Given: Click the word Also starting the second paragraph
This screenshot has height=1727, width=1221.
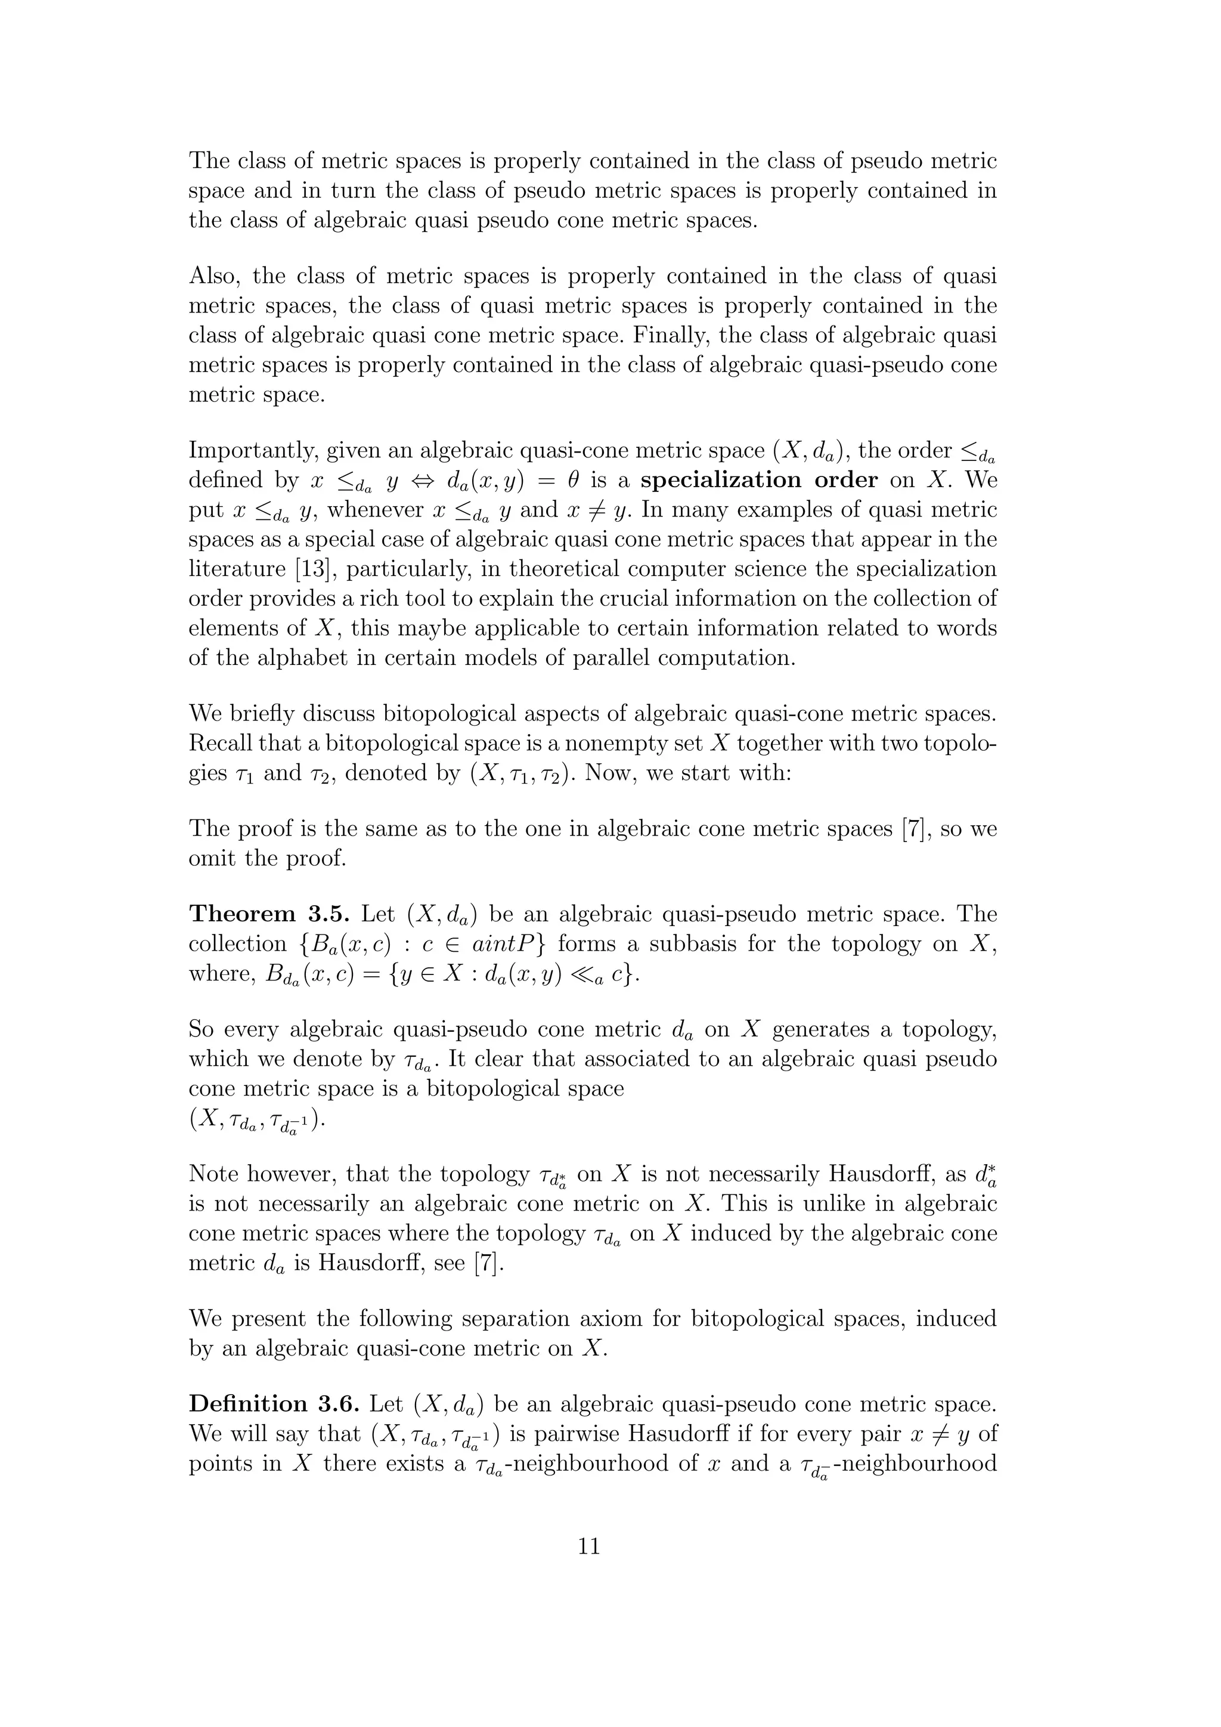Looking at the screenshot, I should pos(214,276).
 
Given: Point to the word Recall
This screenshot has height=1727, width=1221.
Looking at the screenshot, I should pos(219,743).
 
